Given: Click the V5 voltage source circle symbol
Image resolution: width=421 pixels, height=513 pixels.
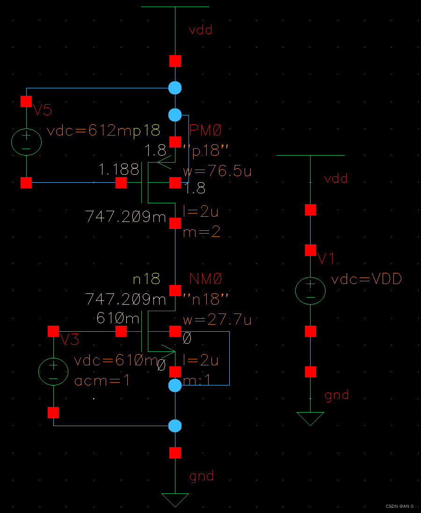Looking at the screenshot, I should [x=26, y=142].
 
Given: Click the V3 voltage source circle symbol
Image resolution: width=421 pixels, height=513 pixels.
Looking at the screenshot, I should [x=53, y=372].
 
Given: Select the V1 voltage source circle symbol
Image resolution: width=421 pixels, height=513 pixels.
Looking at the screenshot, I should [x=310, y=291].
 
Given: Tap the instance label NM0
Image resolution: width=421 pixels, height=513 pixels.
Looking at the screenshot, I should [x=206, y=279].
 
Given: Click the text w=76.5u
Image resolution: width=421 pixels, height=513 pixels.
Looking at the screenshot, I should [x=217, y=171].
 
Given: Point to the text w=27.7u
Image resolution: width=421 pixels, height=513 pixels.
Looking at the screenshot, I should [x=217, y=320].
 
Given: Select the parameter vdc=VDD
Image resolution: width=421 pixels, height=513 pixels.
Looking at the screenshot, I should [x=366, y=280].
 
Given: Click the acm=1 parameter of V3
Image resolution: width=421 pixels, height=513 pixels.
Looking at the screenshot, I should [x=102, y=381].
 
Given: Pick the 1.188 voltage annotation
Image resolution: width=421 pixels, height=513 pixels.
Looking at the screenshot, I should [x=119, y=169].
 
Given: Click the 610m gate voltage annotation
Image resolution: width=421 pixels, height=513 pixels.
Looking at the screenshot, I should [x=118, y=319].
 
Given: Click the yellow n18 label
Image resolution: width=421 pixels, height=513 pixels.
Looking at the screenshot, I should [x=146, y=279].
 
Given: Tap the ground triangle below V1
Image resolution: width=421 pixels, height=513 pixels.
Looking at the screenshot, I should [x=310, y=418].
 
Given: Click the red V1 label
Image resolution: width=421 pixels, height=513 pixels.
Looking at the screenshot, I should [x=326, y=258].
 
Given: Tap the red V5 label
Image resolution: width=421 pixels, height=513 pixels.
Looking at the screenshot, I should [x=42, y=111].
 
